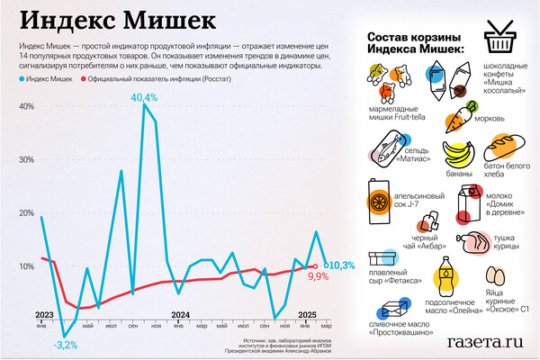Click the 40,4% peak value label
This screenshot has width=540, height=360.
tap(144, 96)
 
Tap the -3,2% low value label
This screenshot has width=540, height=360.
tap(66, 345)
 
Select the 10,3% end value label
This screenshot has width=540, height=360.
tap(338, 265)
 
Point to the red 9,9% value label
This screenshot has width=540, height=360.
tap(318, 277)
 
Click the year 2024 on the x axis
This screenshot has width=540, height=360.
tap(181, 314)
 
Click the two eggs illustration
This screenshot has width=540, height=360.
tap(496, 275)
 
